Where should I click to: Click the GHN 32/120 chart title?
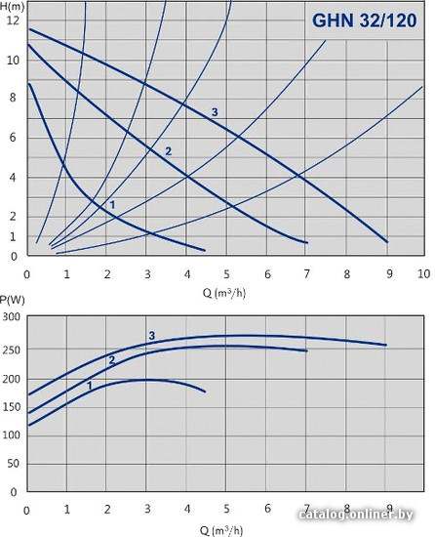pyautogui.click(x=365, y=21)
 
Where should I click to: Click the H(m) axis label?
pyautogui.click(x=12, y=6)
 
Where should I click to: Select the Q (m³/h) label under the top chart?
pyautogui.click(x=224, y=293)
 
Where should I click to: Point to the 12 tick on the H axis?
pyautogui.click(x=14, y=21)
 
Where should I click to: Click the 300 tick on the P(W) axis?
pyautogui.click(x=12, y=316)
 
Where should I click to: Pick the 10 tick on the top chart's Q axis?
pyautogui.click(x=423, y=273)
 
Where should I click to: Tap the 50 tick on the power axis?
pyautogui.click(x=13, y=464)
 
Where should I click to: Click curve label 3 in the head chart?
pyautogui.click(x=215, y=112)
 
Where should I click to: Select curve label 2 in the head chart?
pyautogui.click(x=168, y=151)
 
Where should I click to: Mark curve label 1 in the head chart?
pyautogui.click(x=112, y=205)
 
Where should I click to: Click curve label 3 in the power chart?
pyautogui.click(x=152, y=336)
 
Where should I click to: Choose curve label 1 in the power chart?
pyautogui.click(x=90, y=386)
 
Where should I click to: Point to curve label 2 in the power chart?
pyautogui.click(x=112, y=360)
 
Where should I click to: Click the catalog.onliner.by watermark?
pyautogui.click(x=356, y=514)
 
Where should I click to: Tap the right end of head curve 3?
pyautogui.click(x=387, y=242)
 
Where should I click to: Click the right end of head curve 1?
pyautogui.click(x=205, y=250)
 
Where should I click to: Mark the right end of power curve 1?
pyautogui.click(x=205, y=392)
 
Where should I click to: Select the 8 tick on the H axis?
pyautogui.click(x=14, y=98)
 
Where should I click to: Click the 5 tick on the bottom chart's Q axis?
pyautogui.click(x=226, y=509)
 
